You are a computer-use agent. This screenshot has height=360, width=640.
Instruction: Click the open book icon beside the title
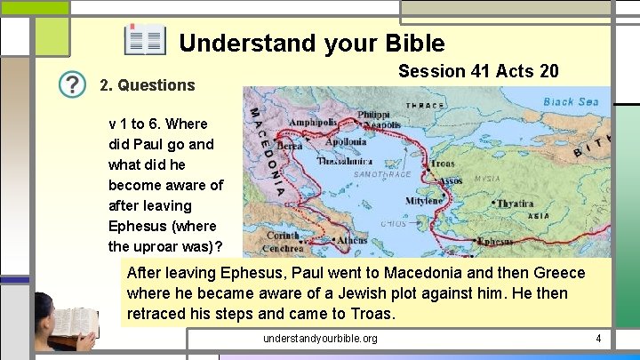[x=145, y=40]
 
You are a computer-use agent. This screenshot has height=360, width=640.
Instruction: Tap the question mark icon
[x=73, y=85]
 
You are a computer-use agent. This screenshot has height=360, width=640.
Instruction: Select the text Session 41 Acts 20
[x=478, y=71]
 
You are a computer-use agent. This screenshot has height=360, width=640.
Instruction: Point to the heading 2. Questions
[x=147, y=85]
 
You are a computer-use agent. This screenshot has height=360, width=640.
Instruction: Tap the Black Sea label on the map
[x=571, y=101]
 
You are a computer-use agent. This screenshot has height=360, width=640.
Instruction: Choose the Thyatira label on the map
[x=515, y=204]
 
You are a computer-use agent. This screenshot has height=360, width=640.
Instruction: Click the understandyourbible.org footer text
[x=320, y=339]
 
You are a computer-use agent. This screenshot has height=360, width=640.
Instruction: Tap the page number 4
[x=598, y=339]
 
